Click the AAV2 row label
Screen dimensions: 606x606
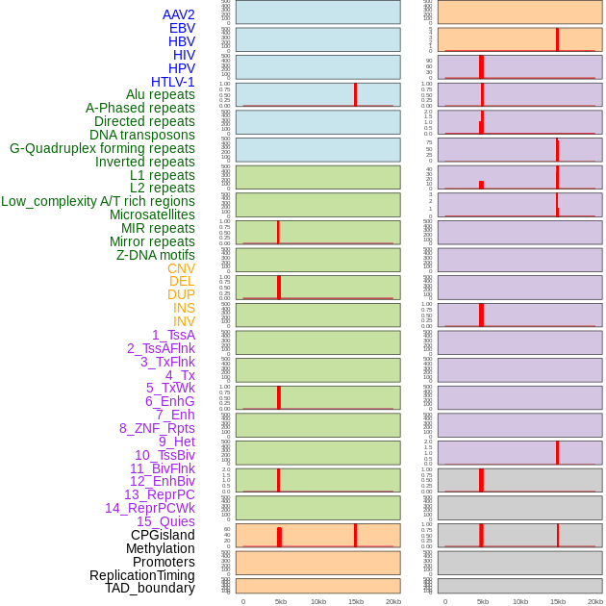[x=179, y=14]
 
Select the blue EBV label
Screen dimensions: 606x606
[x=182, y=28]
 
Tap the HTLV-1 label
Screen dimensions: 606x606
[x=173, y=82]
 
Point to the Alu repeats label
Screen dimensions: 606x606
[x=161, y=94]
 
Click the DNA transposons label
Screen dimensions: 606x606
[x=142, y=135]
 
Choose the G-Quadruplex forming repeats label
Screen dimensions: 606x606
[x=102, y=148]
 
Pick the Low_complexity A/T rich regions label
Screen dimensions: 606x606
[x=98, y=201]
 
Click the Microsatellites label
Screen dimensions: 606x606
[x=152, y=215]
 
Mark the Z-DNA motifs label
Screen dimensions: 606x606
[x=156, y=255]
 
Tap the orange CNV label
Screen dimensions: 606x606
[x=181, y=268]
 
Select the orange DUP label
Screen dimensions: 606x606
[x=181, y=294]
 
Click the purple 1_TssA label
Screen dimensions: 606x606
[x=173, y=335]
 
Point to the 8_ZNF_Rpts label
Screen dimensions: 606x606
[x=157, y=428]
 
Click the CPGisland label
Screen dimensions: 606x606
[x=163, y=535]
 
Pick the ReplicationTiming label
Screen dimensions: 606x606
[x=142, y=575]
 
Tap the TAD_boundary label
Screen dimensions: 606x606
[x=150, y=588]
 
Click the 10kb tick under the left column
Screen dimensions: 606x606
[x=318, y=601]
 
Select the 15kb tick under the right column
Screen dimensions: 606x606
[x=558, y=601]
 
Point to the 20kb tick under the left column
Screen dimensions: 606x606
[x=393, y=601]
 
